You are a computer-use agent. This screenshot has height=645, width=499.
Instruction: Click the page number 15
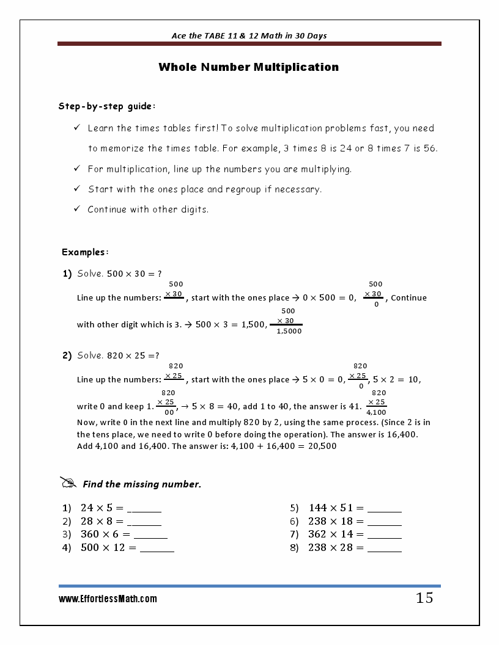tap(424, 598)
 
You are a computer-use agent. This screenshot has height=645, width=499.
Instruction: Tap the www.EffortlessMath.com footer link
tap(108, 599)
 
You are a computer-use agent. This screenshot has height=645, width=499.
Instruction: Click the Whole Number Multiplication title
tap(248, 67)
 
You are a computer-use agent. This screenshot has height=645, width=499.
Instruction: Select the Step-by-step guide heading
tap(107, 106)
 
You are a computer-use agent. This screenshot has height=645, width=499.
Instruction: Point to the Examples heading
tap(85, 252)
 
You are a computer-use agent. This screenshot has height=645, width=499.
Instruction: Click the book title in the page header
tap(249, 35)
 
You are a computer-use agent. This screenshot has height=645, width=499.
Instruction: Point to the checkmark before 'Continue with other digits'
tap(77, 209)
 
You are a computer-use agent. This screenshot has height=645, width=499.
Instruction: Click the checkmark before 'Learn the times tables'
tap(77, 128)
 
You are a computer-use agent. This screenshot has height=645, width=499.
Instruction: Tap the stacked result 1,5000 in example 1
tap(289, 331)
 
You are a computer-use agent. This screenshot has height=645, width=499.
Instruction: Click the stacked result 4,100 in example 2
tap(376, 412)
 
